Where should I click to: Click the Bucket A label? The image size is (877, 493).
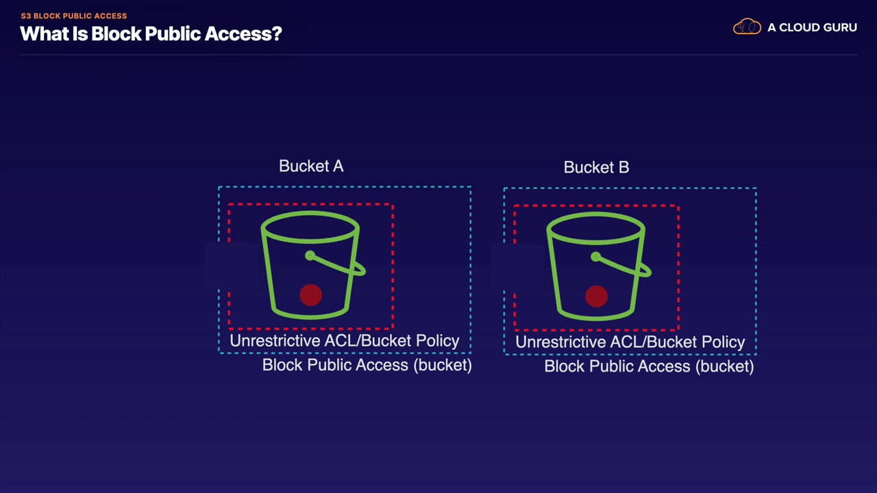point(311,166)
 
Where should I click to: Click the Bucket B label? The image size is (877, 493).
point(596,168)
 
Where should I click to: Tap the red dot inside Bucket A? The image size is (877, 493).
point(310,295)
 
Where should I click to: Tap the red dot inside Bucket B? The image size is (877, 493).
point(596,296)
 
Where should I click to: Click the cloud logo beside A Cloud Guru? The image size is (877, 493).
point(747,27)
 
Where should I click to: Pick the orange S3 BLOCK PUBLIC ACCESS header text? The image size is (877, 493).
point(74,16)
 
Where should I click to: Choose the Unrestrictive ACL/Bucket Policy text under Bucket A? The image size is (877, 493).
point(344,341)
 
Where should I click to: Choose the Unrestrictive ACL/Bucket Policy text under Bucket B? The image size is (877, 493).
point(630,342)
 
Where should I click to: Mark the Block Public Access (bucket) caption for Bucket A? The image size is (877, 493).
point(367,365)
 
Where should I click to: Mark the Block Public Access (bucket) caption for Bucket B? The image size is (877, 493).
point(649,366)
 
